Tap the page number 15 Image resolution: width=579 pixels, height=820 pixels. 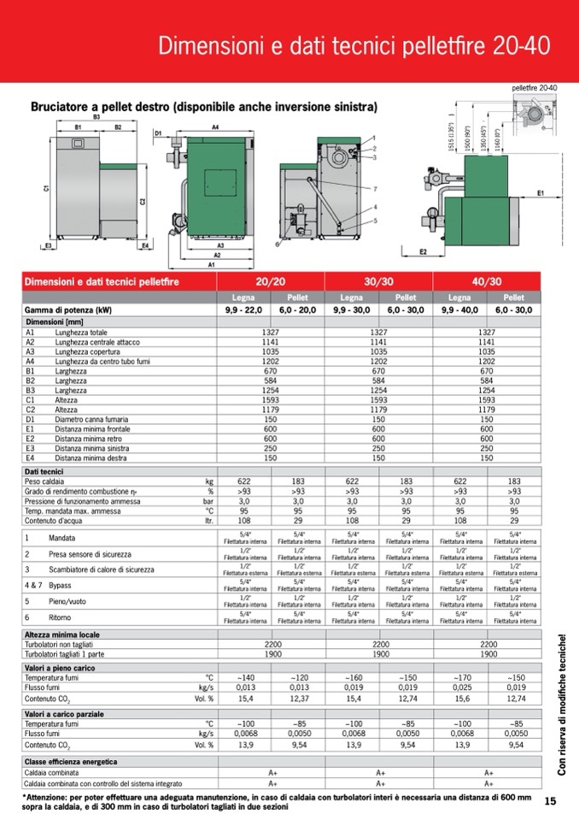click(550, 800)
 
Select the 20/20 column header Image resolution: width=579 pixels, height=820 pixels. click(271, 280)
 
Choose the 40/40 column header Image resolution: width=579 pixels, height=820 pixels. click(487, 280)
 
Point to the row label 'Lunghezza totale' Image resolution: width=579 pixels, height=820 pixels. click(82, 332)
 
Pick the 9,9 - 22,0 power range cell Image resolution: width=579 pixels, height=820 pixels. click(244, 309)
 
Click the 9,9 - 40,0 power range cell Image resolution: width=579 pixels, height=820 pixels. click(460, 309)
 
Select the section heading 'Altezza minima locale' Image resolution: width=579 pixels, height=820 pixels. click(61, 634)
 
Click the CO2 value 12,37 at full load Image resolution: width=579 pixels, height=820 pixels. click(299, 698)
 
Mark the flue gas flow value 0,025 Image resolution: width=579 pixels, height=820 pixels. click(460, 686)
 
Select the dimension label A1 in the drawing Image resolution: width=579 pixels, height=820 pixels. click(211, 265)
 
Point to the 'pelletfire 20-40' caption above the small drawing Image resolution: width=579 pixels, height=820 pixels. click(534, 87)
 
